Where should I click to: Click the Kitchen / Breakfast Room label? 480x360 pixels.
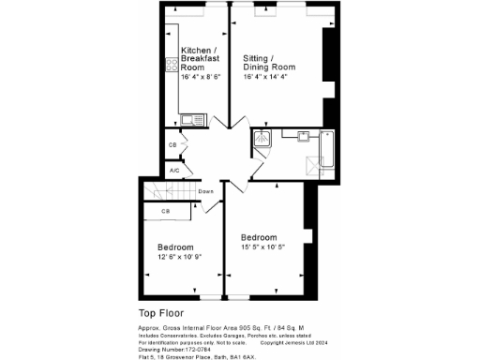[x=200, y=57]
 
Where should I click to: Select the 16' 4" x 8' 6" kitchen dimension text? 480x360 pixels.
[x=201, y=78]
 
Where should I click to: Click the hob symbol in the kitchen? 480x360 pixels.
[x=172, y=65]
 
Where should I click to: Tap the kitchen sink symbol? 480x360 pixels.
[x=191, y=119]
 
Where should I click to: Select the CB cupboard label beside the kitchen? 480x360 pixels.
[x=172, y=145]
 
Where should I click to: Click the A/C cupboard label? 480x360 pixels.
[x=173, y=171]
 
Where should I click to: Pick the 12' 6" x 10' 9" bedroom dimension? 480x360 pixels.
[x=180, y=256]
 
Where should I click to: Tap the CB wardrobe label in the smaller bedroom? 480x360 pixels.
[x=165, y=212]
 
